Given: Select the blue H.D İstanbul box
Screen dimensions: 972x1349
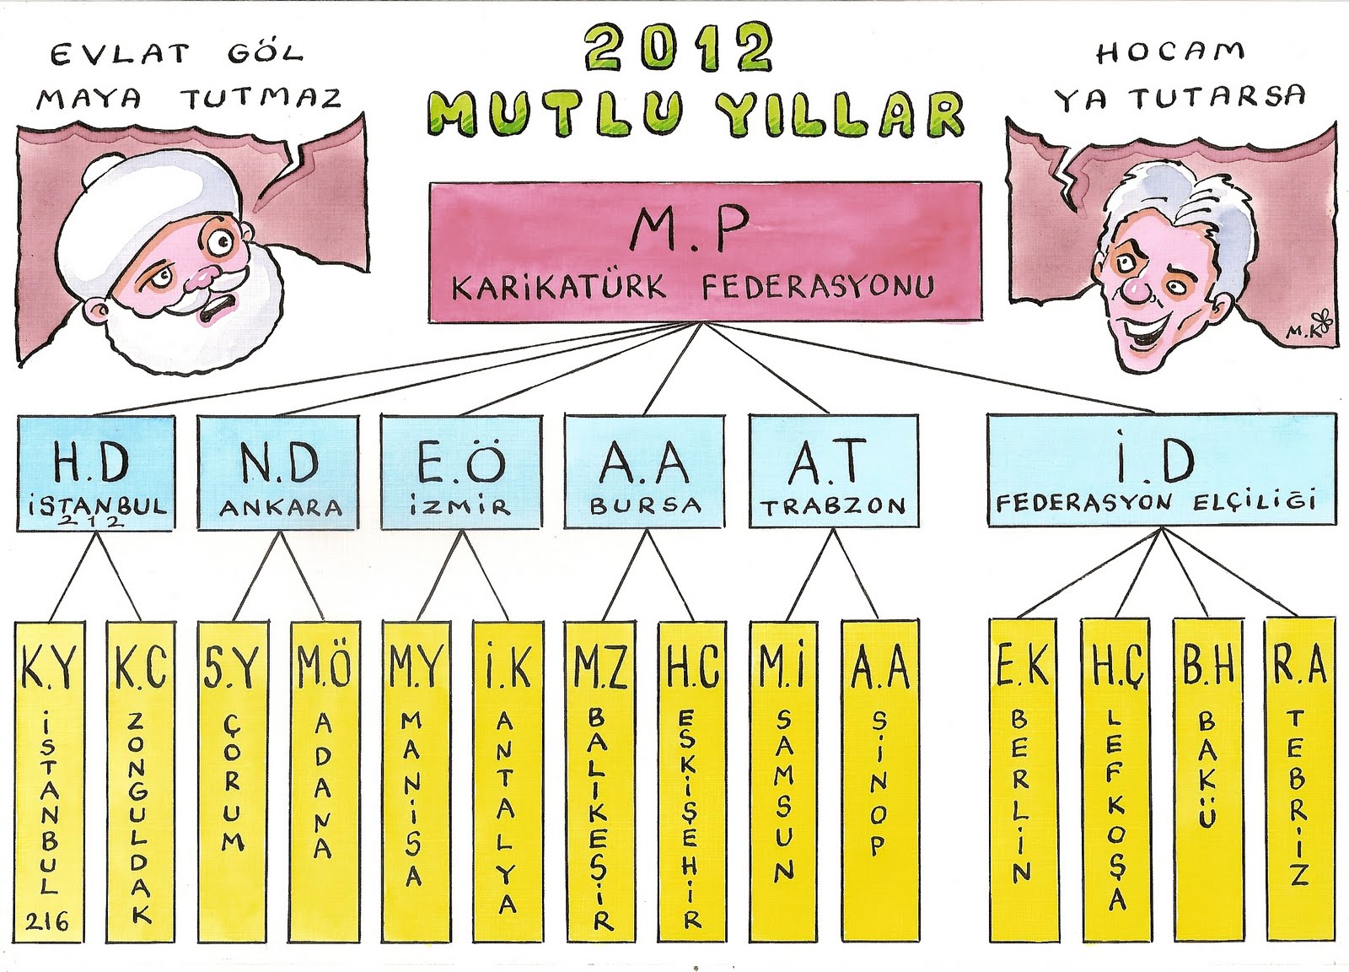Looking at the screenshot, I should point(96,472).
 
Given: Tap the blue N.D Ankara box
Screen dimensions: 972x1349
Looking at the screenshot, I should point(280,472).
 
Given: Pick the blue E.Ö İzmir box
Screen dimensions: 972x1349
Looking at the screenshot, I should point(461,472).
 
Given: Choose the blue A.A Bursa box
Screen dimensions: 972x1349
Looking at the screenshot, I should point(645,472).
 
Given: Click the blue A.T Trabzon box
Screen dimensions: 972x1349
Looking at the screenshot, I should point(833,472).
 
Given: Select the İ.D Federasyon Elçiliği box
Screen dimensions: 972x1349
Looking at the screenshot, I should point(1161,472).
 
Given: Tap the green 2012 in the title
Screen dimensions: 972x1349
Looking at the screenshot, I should point(679,49).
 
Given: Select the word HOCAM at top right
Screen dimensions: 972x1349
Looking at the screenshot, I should point(1170,52).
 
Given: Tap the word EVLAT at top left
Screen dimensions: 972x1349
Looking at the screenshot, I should point(120,56).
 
